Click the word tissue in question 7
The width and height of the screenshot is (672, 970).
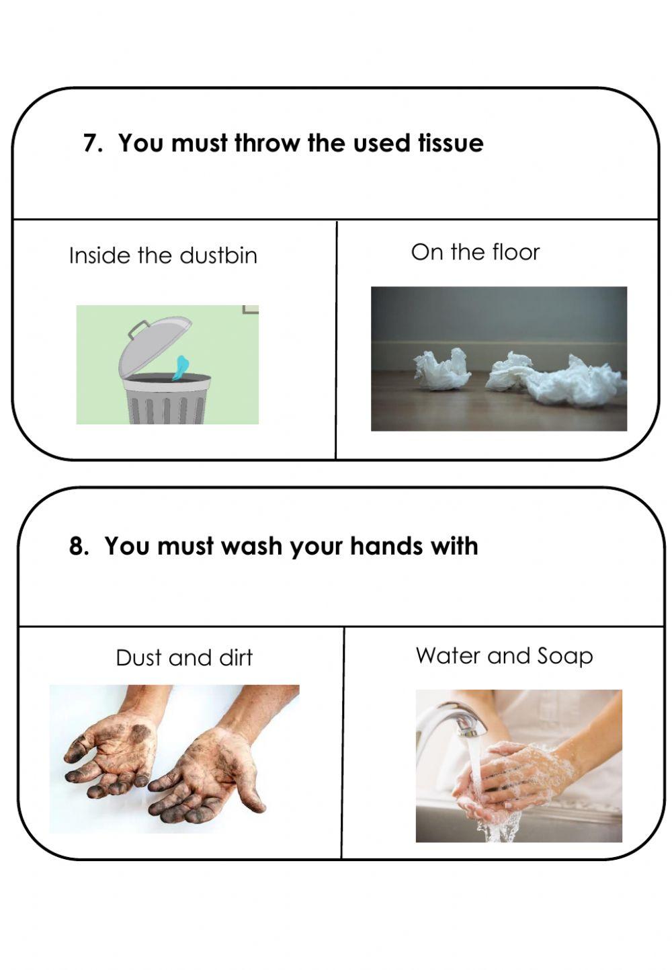pos(450,143)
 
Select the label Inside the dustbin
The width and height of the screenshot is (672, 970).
pos(163,255)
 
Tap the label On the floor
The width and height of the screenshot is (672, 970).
pos(475,252)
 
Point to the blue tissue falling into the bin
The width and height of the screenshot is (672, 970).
pos(181,367)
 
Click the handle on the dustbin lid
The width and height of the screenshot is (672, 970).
pos(139,329)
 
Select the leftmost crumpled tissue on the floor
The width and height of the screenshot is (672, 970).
pos(442,368)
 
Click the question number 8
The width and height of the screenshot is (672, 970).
pos(78,546)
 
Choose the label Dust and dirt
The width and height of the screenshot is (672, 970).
pos(183,657)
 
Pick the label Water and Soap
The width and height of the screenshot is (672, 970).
pos(504,655)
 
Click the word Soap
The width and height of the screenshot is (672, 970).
pos(565,655)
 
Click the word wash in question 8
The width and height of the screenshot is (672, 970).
pos(252,546)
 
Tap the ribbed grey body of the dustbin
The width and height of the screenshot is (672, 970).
pos(165,407)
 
